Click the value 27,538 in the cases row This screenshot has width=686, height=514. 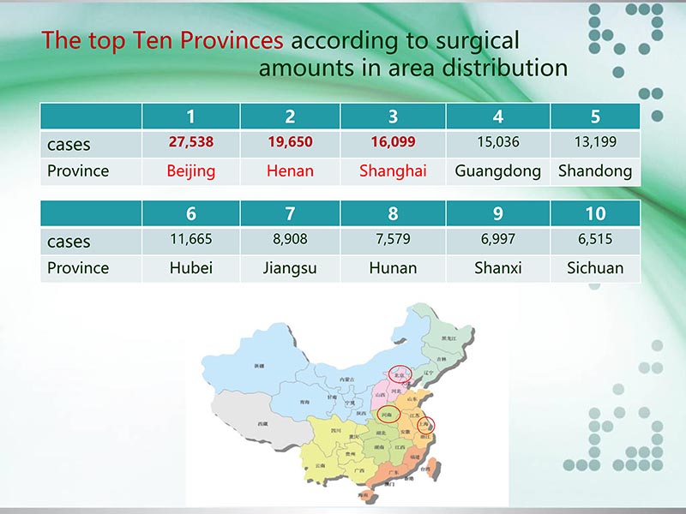click(190, 142)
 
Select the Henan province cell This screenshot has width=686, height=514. click(290, 170)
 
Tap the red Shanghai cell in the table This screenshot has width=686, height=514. click(393, 170)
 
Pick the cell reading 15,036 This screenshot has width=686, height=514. click(497, 142)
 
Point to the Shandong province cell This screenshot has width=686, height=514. click(595, 170)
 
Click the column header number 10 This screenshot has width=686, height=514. click(595, 213)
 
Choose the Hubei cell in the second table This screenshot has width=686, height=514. click(190, 268)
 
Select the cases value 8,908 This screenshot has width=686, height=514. click(290, 240)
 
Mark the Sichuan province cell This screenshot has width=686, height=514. click(595, 268)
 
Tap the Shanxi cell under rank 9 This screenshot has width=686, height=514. click(497, 268)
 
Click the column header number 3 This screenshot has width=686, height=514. click(393, 117)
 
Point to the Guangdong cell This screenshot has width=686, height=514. click(497, 170)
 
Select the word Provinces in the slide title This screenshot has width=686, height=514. click(231, 40)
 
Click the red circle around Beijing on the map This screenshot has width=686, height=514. click(399, 374)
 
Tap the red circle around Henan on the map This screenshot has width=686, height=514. click(388, 414)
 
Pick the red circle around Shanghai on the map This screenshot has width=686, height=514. click(425, 423)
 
